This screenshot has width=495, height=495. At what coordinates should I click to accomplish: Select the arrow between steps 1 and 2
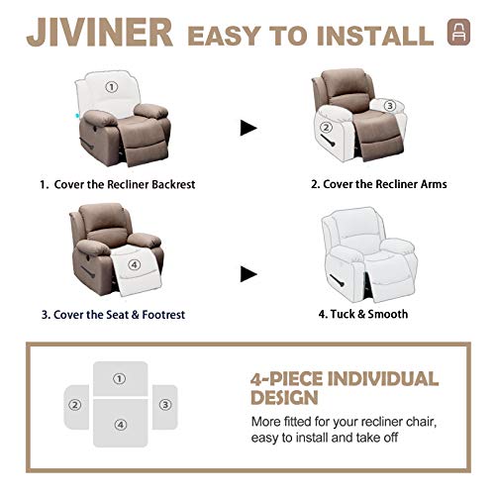pyautogui.click(x=248, y=127)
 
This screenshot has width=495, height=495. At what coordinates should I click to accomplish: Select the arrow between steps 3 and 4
pyautogui.click(x=248, y=272)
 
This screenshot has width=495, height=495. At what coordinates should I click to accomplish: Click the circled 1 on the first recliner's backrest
pyautogui.click(x=112, y=86)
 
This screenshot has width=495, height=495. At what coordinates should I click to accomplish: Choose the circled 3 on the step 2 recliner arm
pyautogui.click(x=389, y=106)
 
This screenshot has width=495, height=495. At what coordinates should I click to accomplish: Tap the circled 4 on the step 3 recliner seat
pyautogui.click(x=122, y=265)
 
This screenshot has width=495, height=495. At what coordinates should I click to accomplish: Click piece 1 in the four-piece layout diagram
pyautogui.click(x=120, y=378)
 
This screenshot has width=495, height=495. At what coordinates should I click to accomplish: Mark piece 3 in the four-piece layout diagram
pyautogui.click(x=165, y=405)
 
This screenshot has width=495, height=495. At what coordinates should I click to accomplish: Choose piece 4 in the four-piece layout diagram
pyautogui.click(x=120, y=425)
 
